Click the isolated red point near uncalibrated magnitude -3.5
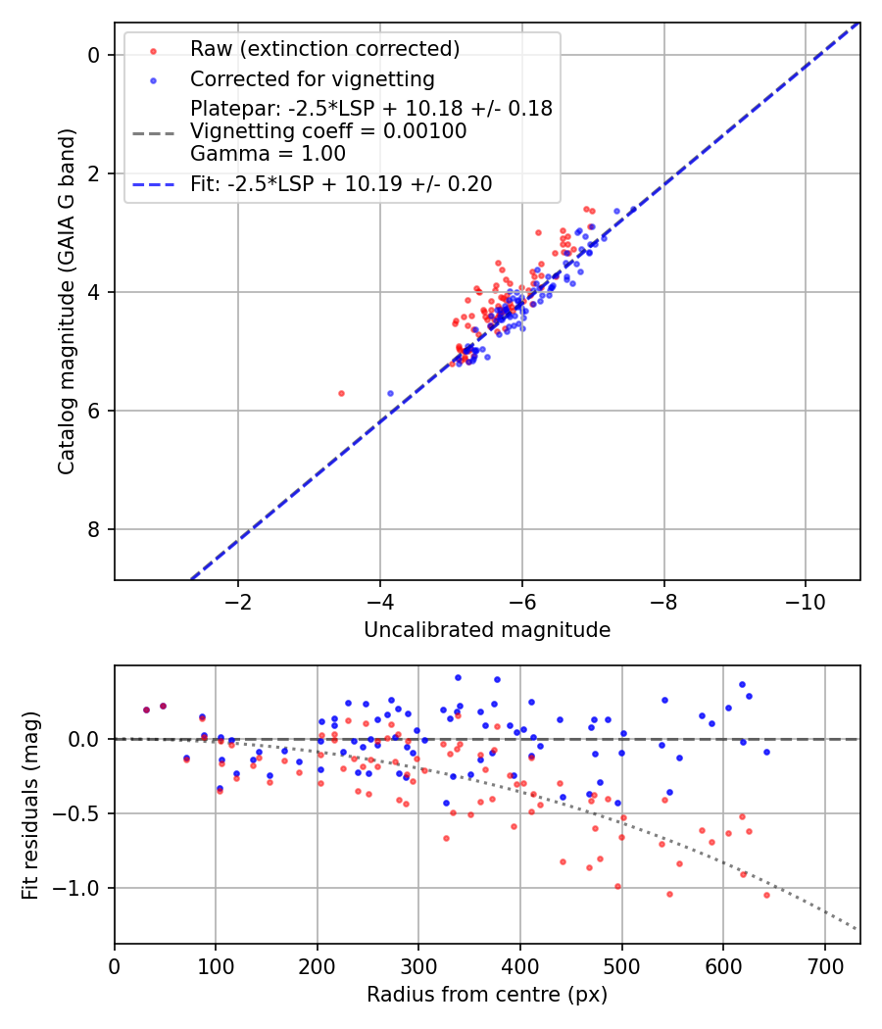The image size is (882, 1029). click(x=341, y=393)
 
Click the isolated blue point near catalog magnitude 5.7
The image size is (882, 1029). click(x=390, y=393)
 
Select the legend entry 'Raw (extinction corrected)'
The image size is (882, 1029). click(x=324, y=49)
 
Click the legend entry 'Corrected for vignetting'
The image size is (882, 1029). click(x=312, y=78)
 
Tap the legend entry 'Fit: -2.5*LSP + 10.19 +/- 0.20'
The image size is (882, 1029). click(x=341, y=183)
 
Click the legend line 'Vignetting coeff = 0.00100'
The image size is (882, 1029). click(x=328, y=130)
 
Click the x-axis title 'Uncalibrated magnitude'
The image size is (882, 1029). click(x=487, y=630)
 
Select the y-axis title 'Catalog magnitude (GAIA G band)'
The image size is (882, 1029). click(x=66, y=292)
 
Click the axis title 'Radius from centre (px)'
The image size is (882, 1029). click(x=487, y=995)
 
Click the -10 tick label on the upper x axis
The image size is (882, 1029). click(x=805, y=600)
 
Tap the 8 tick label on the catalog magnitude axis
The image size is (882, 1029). click(x=93, y=530)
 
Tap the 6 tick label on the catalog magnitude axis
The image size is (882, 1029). click(x=93, y=412)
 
